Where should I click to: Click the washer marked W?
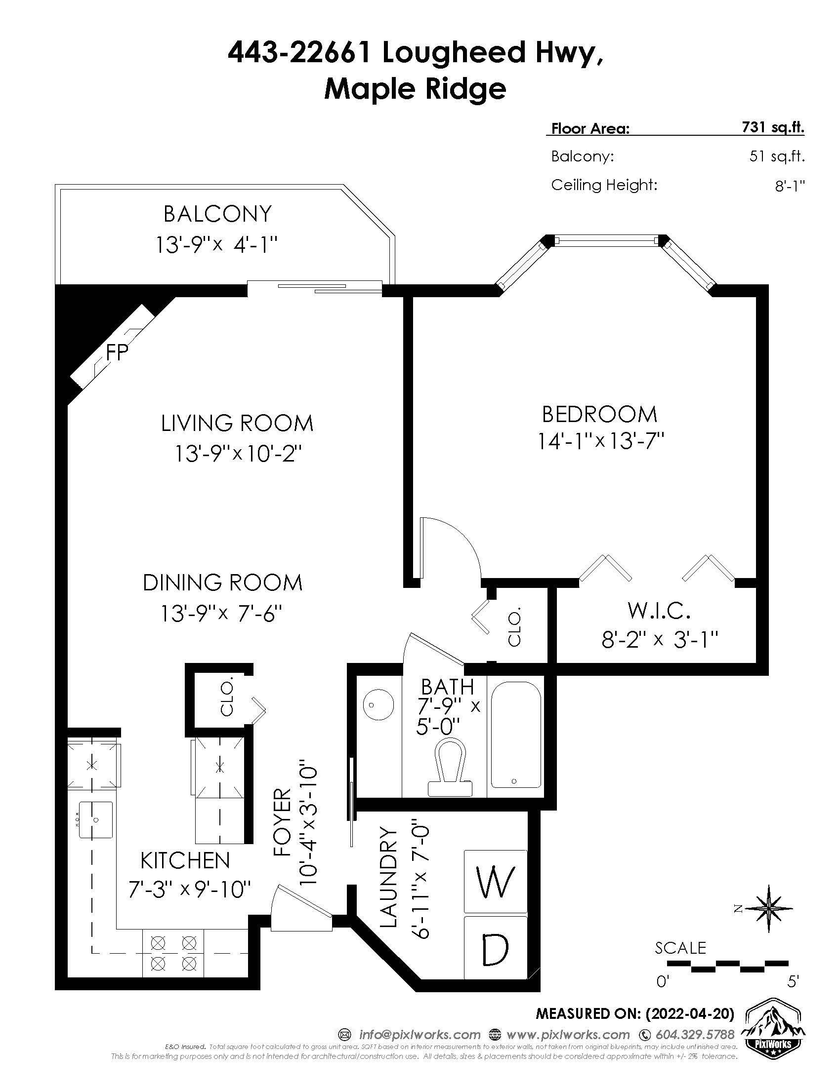click(495, 882)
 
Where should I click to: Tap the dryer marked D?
click(495, 948)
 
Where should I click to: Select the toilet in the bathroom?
click(452, 768)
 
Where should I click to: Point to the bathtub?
click(516, 734)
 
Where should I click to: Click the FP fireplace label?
click(118, 352)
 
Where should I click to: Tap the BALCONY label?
click(217, 214)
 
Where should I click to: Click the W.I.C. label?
click(659, 610)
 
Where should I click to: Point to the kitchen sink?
click(95, 819)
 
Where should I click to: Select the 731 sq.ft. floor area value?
click(773, 128)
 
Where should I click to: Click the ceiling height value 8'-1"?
click(790, 186)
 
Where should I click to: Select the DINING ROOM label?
click(222, 583)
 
